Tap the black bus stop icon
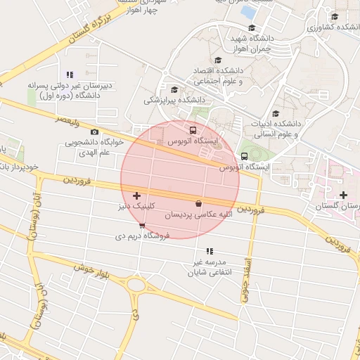pyautogui.click(x=193, y=130)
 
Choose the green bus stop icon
pyautogui.click(x=244, y=156)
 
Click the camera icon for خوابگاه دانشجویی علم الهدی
pyautogui.click(x=95, y=131)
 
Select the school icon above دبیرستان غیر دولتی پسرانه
pyautogui.click(x=69, y=75)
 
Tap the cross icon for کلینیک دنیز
pyautogui.click(x=136, y=195)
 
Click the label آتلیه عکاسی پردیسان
pyautogui.click(x=199, y=214)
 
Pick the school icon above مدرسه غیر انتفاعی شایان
pyautogui.click(x=209, y=251)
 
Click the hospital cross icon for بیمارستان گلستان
pyautogui.click(x=343, y=195)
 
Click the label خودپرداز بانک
pyautogui.click(x=23, y=168)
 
